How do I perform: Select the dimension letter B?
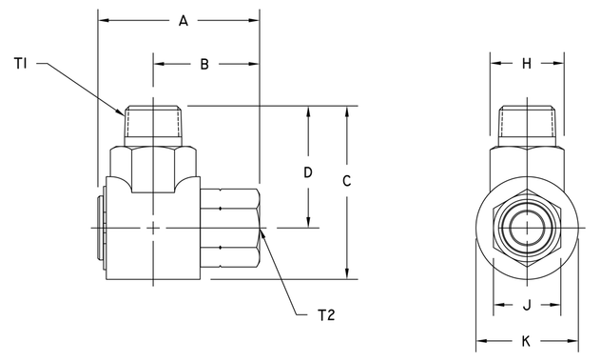click(204, 65)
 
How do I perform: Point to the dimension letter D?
click(307, 172)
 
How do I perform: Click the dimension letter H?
click(527, 65)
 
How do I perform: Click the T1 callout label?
click(22, 64)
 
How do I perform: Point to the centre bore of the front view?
click(526, 230)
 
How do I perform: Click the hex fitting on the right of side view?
click(230, 230)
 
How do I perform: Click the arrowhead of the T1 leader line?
click(124, 113)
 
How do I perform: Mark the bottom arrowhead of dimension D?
click(307, 224)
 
